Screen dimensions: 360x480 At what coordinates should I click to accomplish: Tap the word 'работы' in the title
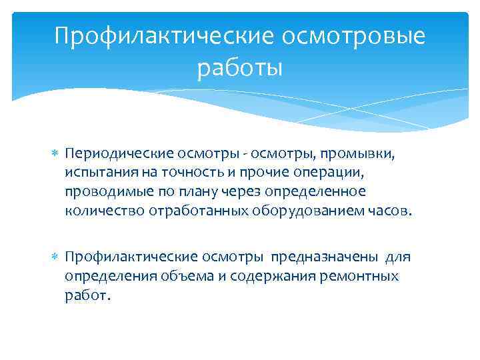click(x=240, y=68)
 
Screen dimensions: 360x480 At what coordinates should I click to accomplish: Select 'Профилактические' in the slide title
click(x=165, y=36)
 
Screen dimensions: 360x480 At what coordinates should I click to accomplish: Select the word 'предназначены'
click(x=323, y=257)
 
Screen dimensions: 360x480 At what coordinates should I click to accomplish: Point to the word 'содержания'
click(x=262, y=276)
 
